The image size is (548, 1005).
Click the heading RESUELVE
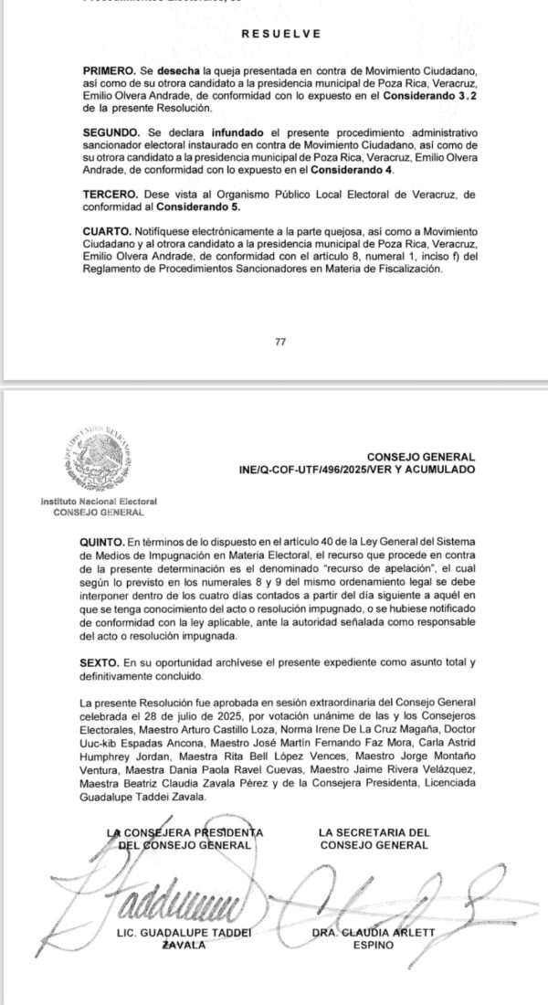tap(281, 34)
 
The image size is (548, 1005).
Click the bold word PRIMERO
tap(107, 69)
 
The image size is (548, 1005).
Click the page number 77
tap(280, 342)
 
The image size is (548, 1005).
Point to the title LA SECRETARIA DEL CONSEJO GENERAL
tap(374, 839)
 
